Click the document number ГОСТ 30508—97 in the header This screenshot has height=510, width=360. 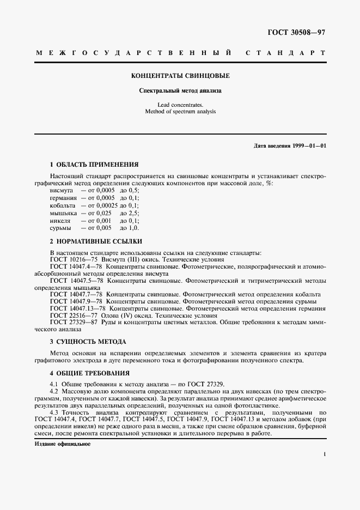[x=296, y=32]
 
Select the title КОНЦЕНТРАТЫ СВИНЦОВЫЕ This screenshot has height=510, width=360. [x=180, y=76]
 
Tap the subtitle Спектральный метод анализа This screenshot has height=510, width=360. [x=180, y=91]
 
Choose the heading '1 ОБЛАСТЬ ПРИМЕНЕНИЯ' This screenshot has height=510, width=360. [x=94, y=164]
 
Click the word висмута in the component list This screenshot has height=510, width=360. [x=62, y=191]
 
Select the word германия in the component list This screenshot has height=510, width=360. [x=63, y=198]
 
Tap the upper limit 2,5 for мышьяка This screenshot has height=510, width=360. [x=132, y=213]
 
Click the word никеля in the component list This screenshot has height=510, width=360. [x=60, y=220]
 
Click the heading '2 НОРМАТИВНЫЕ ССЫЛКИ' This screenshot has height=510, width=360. [x=96, y=241]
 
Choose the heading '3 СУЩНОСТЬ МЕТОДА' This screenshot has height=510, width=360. [x=88, y=342]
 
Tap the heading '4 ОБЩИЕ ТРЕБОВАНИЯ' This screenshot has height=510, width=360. [x=90, y=373]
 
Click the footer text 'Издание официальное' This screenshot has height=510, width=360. [x=62, y=444]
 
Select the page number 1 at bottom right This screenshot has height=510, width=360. [x=324, y=454]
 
